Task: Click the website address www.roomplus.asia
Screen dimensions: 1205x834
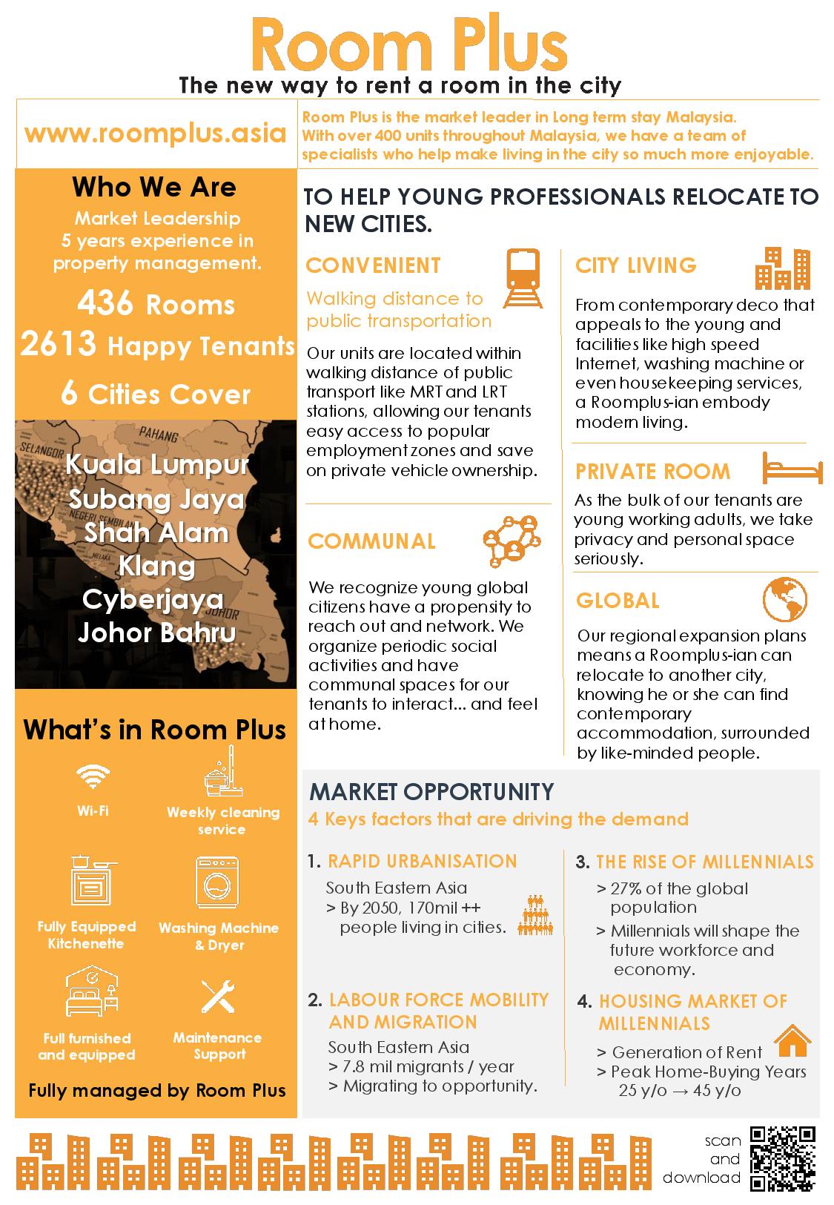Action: coord(155,133)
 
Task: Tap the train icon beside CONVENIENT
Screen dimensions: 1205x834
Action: coord(523,278)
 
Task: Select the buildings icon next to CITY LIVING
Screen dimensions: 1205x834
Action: coord(782,268)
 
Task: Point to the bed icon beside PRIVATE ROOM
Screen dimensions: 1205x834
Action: coord(792,469)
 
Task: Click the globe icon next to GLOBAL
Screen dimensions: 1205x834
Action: coord(784,599)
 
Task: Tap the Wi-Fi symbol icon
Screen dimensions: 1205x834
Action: coord(93,776)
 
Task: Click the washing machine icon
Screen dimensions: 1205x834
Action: coord(217,882)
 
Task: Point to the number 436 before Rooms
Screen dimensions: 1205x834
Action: coord(105,303)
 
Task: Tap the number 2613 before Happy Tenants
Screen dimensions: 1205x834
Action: coord(59,344)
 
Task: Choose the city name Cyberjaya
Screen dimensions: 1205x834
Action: coord(153,599)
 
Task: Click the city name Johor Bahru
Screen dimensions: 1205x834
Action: coord(156,633)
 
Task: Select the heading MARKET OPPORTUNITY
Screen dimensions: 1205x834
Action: coord(431,792)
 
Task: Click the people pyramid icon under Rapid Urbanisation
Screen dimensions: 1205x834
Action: coord(534,915)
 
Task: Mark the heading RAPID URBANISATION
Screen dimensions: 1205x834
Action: coord(422,861)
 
